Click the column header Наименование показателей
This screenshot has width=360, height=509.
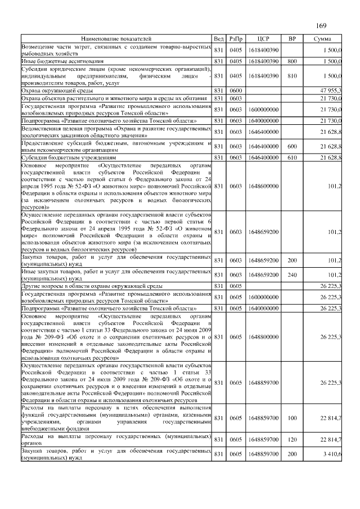116,39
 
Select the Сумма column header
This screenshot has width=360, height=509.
322,39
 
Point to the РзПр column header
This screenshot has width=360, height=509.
236,39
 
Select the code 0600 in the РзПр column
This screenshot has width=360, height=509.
236,90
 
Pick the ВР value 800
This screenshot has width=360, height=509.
292,60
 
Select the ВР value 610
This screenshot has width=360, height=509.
292,158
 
